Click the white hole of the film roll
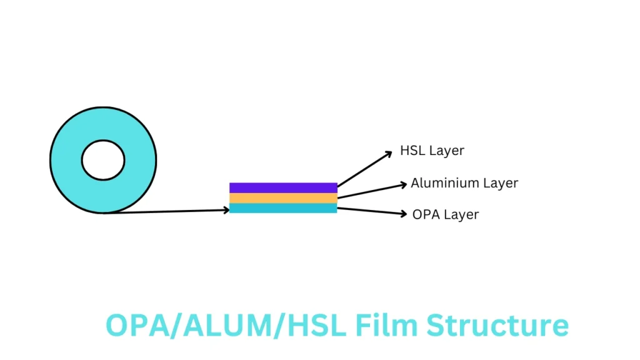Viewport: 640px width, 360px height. pos(103,160)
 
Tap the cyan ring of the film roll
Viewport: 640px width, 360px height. pos(65,160)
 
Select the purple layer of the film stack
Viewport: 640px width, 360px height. pos(283,187)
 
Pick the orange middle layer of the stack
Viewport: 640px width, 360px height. pos(283,198)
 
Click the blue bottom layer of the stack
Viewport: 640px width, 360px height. pos(283,208)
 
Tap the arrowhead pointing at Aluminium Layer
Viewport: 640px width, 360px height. pos(403,185)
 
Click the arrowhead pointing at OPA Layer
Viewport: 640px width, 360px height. pos(403,214)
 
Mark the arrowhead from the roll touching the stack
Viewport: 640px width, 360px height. pos(226,210)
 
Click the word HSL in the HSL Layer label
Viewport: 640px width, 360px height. pos(412,150)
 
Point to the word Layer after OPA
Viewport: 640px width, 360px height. pos(461,215)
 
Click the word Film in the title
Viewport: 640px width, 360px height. pos(386,325)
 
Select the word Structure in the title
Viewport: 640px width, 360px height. pos(497,325)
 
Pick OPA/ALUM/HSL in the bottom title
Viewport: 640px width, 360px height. pos(226,325)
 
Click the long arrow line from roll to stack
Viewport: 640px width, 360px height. pos(166,211)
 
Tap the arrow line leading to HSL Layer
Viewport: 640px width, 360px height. pos(365,169)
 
